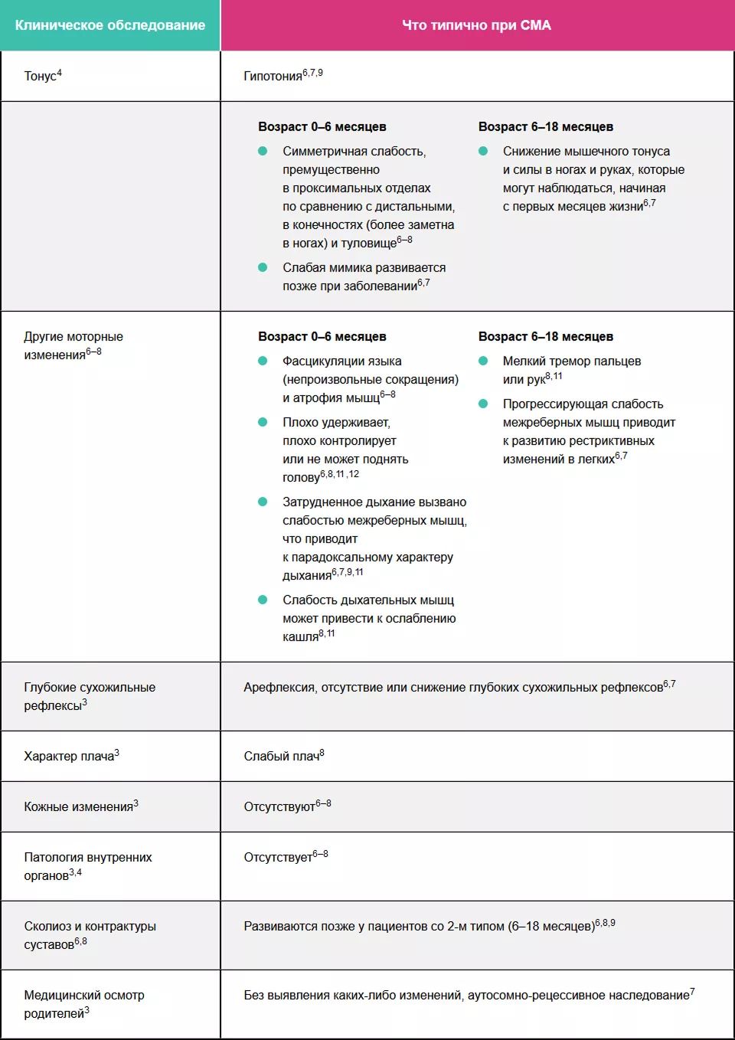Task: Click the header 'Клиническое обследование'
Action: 110,25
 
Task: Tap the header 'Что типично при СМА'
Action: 476,25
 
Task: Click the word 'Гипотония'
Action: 273,76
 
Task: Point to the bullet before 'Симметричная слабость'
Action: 263,151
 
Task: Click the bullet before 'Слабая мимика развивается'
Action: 263,267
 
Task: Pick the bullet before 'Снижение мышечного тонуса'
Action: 483,151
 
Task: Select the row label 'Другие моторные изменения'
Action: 73,345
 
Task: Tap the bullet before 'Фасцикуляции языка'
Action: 263,361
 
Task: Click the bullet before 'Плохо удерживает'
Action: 263,422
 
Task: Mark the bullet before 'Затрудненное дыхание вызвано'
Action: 263,502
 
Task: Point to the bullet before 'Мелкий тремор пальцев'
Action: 483,361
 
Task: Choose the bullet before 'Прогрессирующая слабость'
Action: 483,404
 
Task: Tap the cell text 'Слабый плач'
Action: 281,757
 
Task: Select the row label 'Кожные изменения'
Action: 78,807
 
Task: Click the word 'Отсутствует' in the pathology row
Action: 277,858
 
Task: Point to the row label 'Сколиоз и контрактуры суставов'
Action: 90,935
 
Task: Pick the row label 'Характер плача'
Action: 69,757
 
